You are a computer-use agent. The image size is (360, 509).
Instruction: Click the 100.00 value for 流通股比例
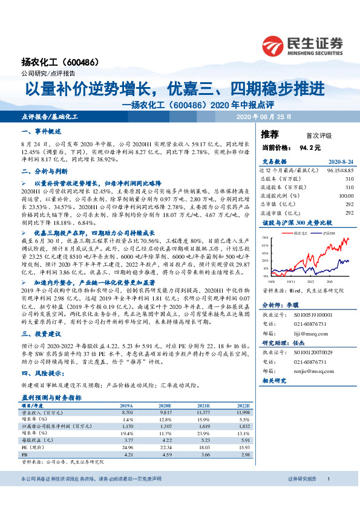pyautogui.click(x=345, y=196)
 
